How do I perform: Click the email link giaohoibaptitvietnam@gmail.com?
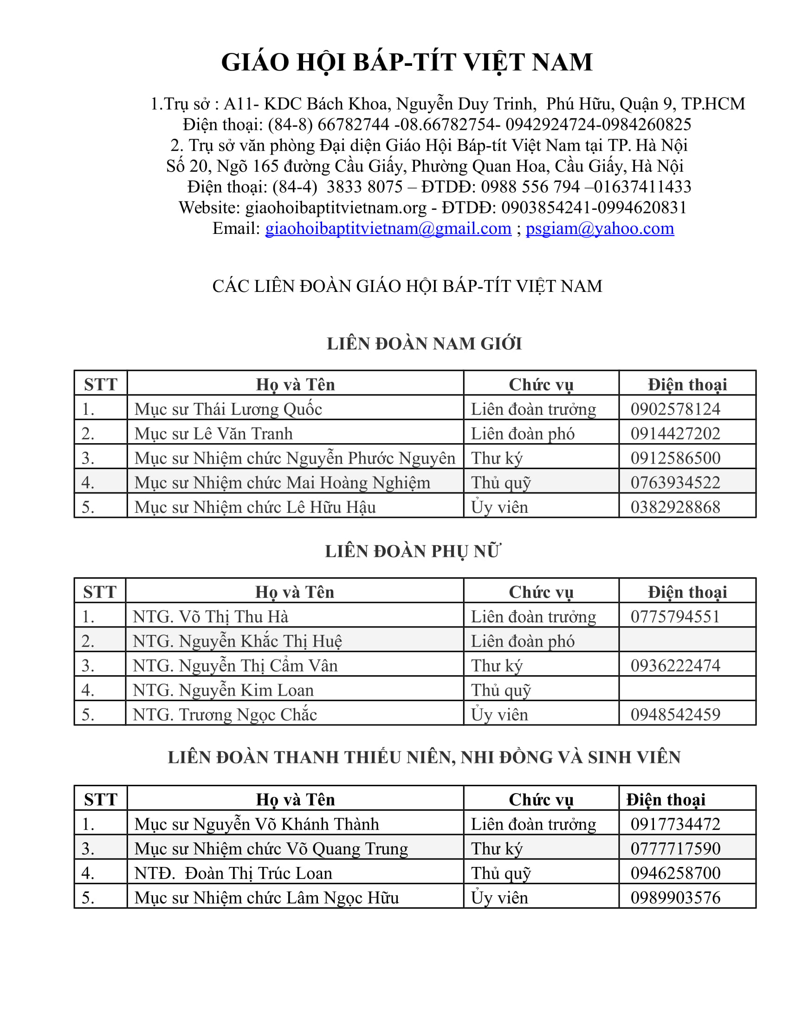(388, 229)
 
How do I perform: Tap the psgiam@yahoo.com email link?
(600, 229)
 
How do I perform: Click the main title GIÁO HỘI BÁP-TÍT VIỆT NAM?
(407, 62)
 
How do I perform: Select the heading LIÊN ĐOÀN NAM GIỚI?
(424, 343)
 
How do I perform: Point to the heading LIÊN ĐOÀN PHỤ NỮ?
(413, 551)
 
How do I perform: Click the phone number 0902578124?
(675, 409)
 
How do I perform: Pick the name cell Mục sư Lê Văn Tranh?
(213, 434)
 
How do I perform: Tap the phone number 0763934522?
(675, 483)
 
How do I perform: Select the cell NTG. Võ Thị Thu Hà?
(210, 617)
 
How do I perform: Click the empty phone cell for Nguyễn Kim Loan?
(687, 690)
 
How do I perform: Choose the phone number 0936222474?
(675, 665)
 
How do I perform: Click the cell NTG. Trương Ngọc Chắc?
(225, 714)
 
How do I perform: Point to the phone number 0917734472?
(675, 824)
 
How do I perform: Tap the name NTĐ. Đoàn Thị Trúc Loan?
(233, 873)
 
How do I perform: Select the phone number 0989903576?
(675, 898)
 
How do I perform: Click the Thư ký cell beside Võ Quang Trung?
(497, 848)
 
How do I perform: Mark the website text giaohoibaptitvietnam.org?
(336, 207)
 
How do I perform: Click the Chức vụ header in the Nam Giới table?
(541, 384)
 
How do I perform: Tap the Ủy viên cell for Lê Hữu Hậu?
(499, 507)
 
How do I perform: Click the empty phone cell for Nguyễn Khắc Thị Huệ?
(687, 641)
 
